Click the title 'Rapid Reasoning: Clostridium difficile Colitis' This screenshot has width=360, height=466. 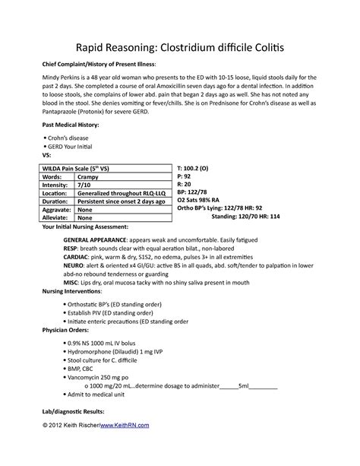(179, 49)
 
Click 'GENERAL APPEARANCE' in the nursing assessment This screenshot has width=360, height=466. (93, 238)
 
